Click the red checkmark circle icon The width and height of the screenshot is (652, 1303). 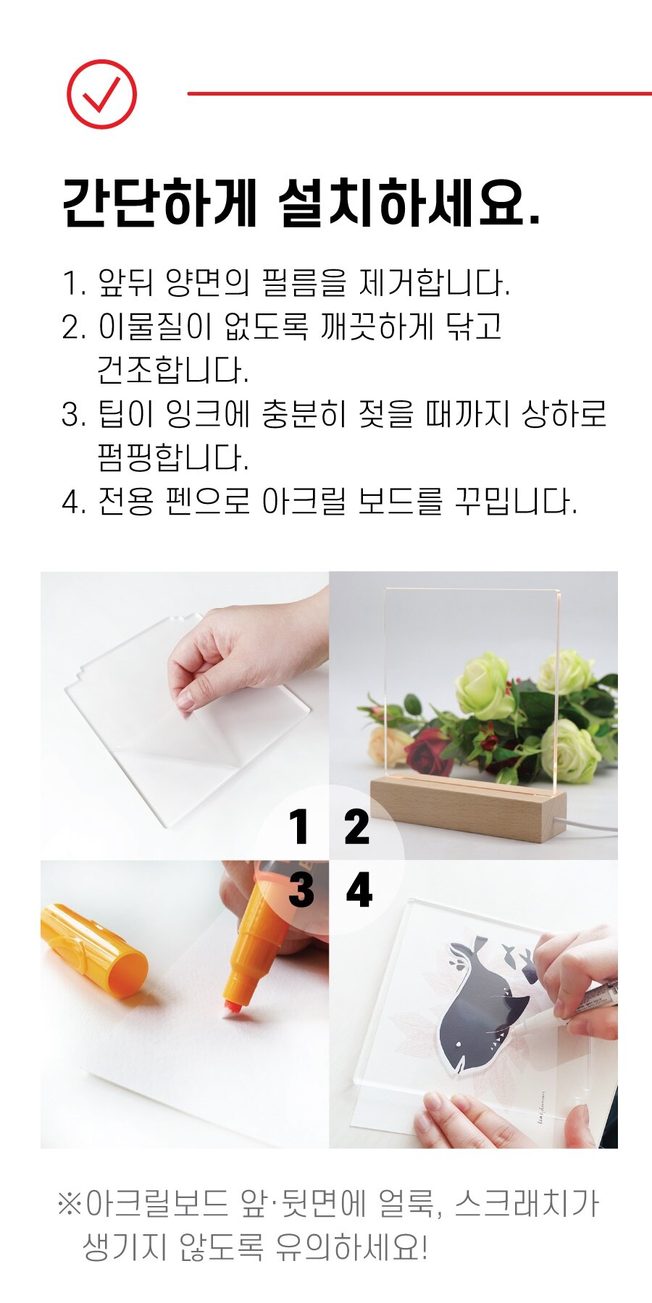(101, 94)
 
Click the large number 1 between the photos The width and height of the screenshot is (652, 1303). (299, 827)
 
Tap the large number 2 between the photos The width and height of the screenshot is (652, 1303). (356, 827)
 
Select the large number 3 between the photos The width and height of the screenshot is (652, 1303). (301, 890)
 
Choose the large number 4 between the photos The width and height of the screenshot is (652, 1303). (359, 890)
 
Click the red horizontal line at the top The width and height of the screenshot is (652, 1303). (419, 93)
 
